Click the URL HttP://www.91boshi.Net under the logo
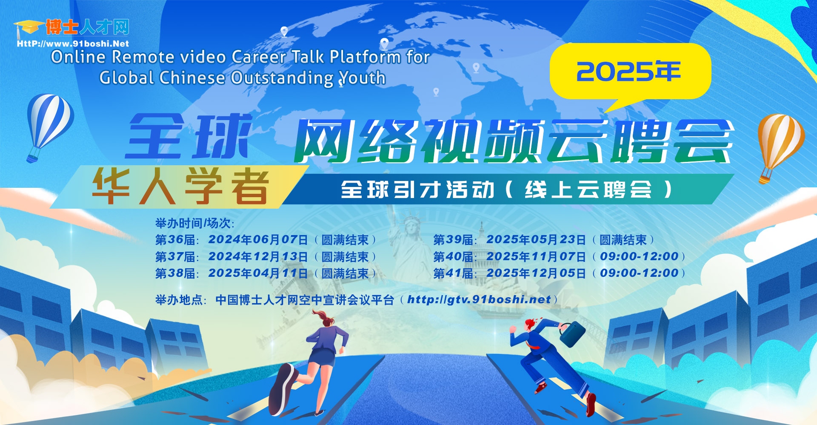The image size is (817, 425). [x=73, y=43]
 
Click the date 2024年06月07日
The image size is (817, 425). [x=258, y=240]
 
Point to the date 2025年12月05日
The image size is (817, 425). [x=536, y=273]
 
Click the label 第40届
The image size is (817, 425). [x=454, y=257]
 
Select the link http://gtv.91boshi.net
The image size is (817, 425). [x=479, y=300]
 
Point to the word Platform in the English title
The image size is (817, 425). [x=365, y=57]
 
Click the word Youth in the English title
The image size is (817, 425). [x=362, y=78]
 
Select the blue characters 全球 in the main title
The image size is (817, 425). [x=188, y=136]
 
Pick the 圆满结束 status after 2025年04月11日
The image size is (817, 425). [x=345, y=273]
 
